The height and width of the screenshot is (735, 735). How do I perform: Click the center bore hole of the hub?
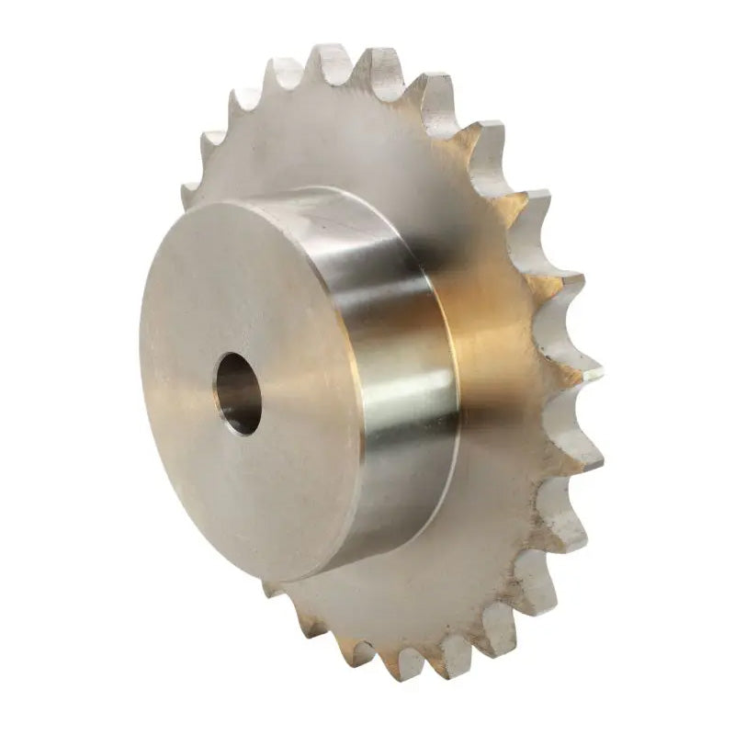[x=237, y=393]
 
